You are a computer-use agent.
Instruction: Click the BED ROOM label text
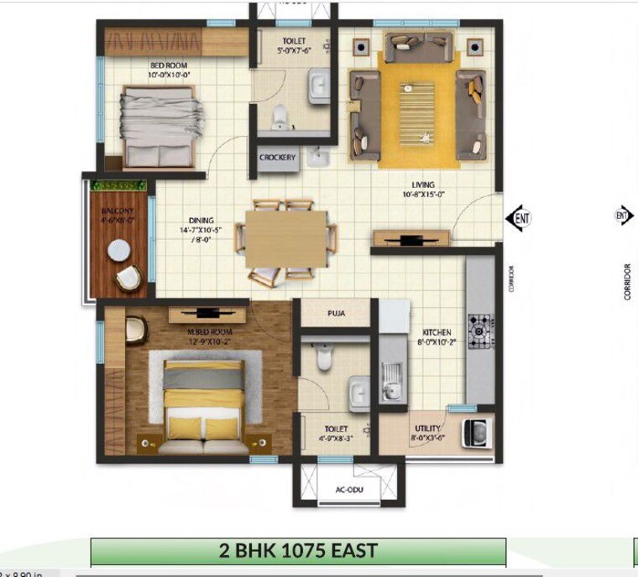point(169,65)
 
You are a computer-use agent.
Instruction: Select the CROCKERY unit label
point(277,158)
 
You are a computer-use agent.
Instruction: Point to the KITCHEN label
point(437,332)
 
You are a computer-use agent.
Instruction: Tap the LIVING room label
point(422,185)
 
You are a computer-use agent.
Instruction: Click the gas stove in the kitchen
point(481,331)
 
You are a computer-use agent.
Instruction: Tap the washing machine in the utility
point(479,433)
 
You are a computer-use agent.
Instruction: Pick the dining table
point(285,238)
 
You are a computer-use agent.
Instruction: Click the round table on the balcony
point(118,249)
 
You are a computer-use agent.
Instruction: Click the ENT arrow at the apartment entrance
point(519,217)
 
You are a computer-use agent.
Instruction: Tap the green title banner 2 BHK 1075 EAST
point(298,552)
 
